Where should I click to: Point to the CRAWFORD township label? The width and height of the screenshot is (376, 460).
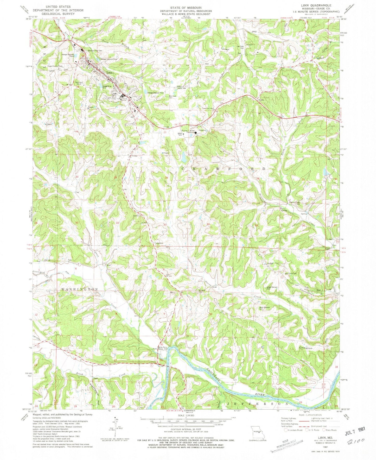[223, 169]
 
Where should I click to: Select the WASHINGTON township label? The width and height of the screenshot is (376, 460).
[76, 289]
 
